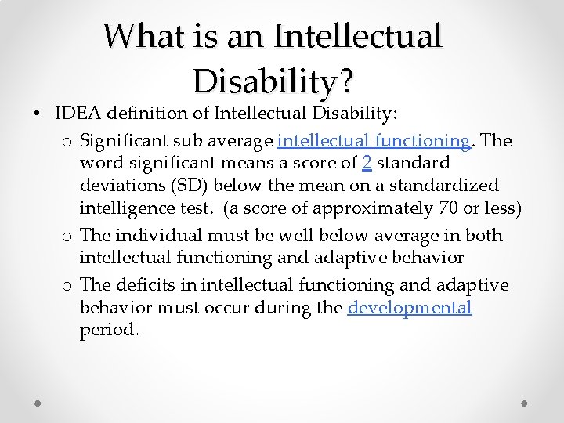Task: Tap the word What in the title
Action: pos(137,36)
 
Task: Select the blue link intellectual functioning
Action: pos(374,141)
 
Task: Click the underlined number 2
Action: pos(367,164)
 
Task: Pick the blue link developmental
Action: pos(410,308)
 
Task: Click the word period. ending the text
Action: pos(110,331)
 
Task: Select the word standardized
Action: pos(448,186)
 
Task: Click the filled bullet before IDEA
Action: pos(38,114)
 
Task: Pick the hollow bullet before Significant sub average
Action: pos(68,142)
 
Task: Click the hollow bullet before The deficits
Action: pos(68,286)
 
